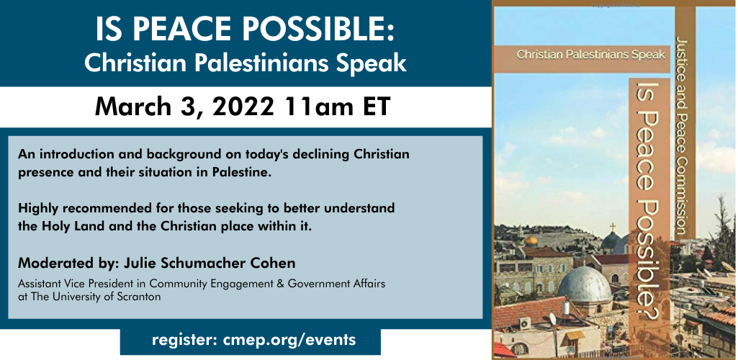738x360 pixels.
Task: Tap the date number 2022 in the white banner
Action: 243,107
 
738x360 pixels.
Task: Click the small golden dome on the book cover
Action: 531,240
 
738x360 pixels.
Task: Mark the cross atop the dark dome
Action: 612,228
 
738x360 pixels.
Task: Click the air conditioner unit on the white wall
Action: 525,323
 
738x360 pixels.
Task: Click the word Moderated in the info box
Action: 48,263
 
